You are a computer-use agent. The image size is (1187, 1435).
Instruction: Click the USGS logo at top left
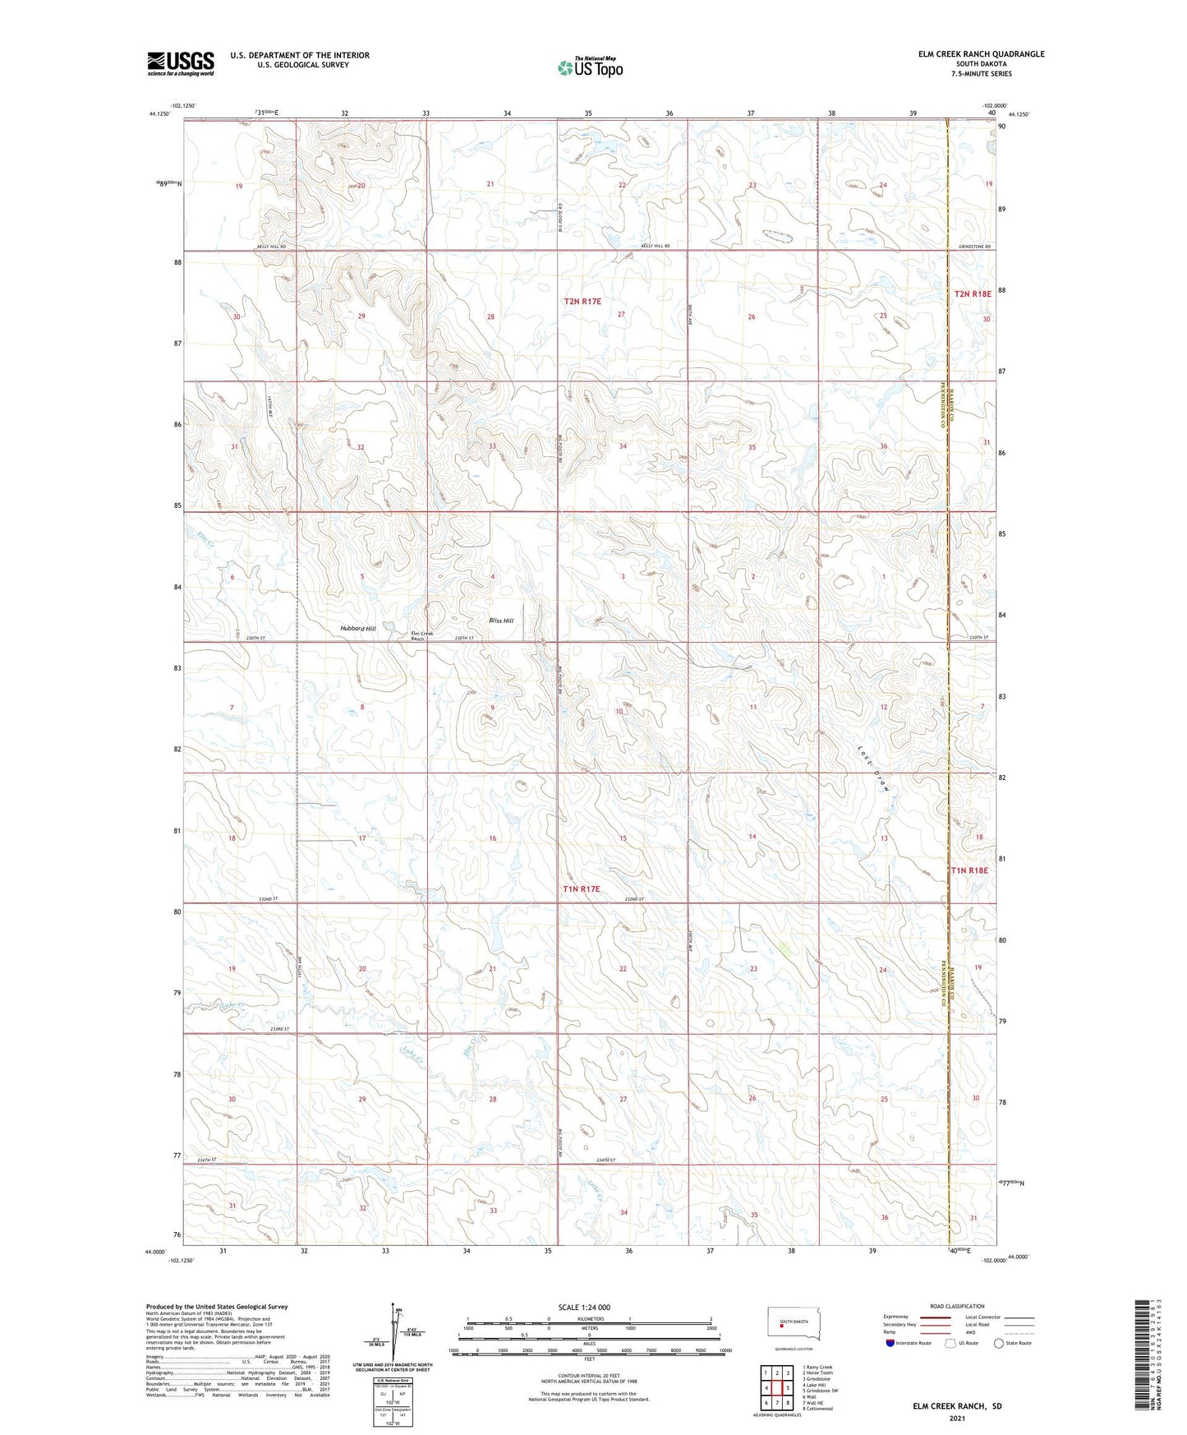[x=181, y=62]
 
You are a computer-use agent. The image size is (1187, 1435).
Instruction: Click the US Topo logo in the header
[x=590, y=68]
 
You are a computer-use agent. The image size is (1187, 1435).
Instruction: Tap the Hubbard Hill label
[x=357, y=628]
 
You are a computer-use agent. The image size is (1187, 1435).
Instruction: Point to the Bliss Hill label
[x=500, y=621]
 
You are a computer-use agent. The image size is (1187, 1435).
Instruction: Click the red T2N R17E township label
[x=582, y=302]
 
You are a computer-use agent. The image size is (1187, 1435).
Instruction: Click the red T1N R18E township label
[x=969, y=870]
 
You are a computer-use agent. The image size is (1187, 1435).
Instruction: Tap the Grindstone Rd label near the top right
[x=974, y=247]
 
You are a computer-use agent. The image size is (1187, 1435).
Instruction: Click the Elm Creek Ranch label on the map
[x=421, y=635]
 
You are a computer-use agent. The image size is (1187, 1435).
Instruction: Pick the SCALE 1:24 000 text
[x=584, y=1307]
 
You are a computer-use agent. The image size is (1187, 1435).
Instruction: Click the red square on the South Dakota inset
[x=782, y=1324]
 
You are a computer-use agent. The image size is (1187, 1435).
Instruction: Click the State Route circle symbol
[x=999, y=1343]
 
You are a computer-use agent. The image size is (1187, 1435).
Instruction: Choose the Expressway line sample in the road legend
[x=936, y=1317]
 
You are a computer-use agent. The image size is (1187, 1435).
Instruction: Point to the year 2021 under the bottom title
[x=957, y=1418]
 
